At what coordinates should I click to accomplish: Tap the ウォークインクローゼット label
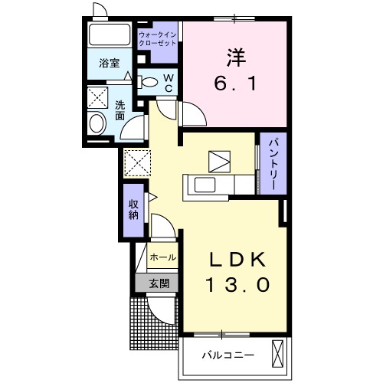tap(157, 40)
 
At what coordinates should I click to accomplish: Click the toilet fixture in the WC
tap(149, 82)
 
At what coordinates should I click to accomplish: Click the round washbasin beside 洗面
tap(97, 123)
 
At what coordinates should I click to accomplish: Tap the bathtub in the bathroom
tap(110, 35)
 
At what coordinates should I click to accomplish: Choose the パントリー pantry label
tap(272, 164)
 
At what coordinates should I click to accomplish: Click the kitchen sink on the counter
tap(205, 185)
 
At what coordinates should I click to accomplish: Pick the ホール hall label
tap(162, 257)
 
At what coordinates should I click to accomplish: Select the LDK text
tap(237, 259)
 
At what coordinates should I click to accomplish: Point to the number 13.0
tap(237, 286)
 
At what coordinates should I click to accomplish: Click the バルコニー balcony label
tap(228, 354)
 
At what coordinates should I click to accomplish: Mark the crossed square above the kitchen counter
tap(218, 160)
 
